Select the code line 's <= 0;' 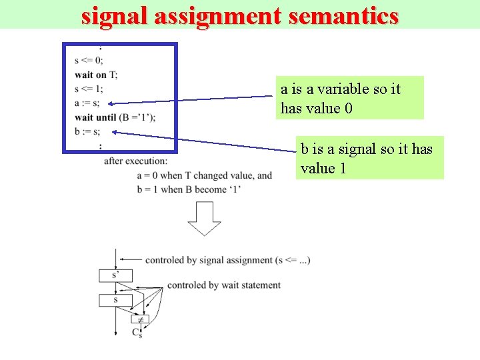coord(89,61)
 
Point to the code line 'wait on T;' coord(97,75)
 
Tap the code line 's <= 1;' coord(89,89)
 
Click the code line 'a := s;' coord(87,103)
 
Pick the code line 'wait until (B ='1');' coord(115,117)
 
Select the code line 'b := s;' coord(87,131)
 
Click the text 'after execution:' coord(136,160)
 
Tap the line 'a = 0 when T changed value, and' coord(204,175)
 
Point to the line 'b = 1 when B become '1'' coord(189,189)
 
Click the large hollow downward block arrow coord(204,218)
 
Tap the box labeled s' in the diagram coord(116,275)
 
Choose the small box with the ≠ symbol coord(140,319)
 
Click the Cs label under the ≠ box coord(137,332)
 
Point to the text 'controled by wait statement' coord(224,285)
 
